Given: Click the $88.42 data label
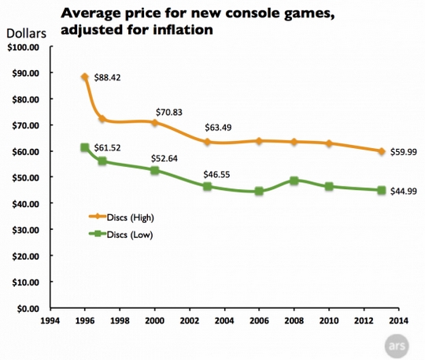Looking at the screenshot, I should [107, 78].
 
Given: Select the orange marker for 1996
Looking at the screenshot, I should [84, 77].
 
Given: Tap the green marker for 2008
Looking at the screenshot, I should [294, 180].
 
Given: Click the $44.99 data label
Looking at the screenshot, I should [405, 191].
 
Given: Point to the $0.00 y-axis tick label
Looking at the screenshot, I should [26, 308].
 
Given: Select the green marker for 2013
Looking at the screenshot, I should [381, 190].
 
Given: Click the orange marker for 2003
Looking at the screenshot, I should [206, 142].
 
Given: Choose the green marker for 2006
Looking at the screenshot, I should [259, 191].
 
